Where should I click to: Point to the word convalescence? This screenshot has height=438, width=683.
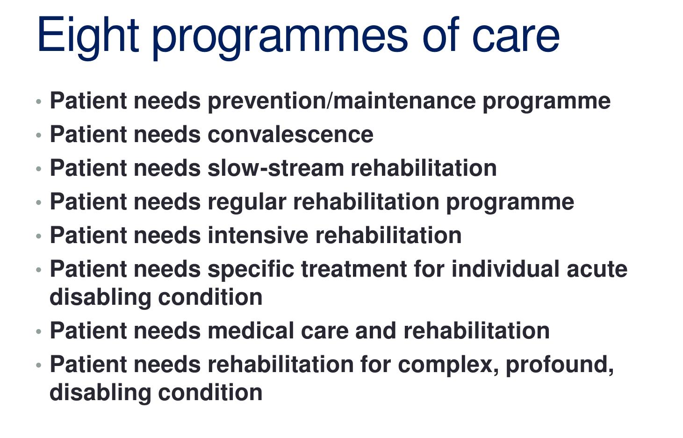pos(290,135)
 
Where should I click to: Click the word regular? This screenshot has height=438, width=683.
pos(246,202)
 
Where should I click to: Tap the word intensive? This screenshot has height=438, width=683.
pos(258,235)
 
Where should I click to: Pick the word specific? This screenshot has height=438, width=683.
pos(251,270)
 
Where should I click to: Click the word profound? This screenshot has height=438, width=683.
pos(559,365)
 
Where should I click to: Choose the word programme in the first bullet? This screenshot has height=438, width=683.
pos(546,101)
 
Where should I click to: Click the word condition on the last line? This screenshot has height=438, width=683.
pos(210,392)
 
